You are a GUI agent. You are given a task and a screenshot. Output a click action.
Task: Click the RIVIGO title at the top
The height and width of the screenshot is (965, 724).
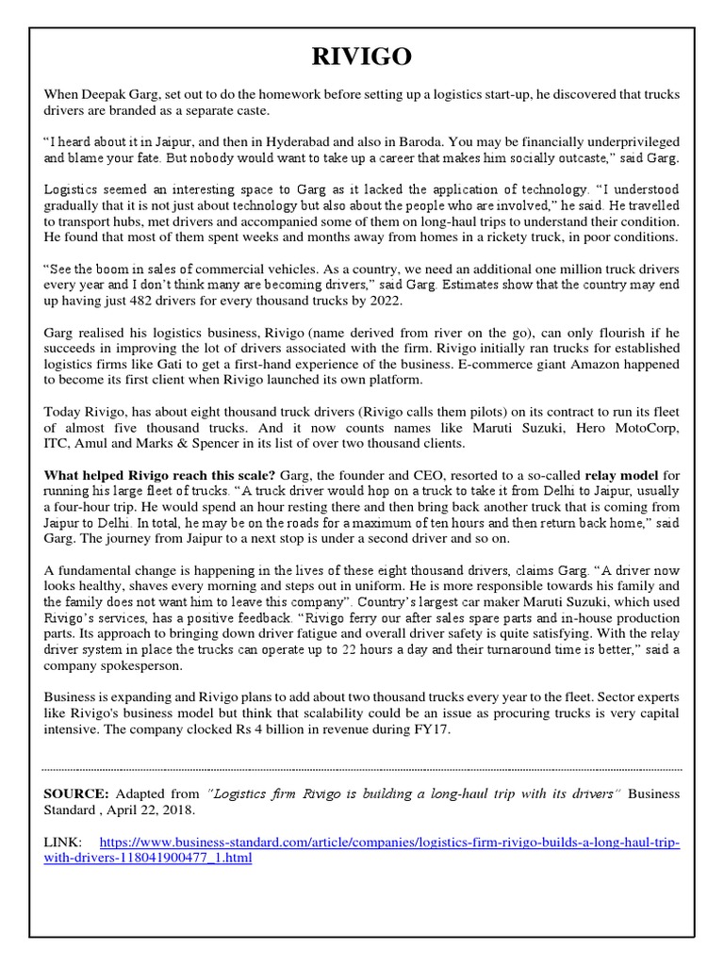[x=361, y=58]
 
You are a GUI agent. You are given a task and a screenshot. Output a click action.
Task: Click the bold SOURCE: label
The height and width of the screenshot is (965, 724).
[x=76, y=794]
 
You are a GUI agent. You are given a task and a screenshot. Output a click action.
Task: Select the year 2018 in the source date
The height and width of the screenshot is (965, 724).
[x=177, y=810]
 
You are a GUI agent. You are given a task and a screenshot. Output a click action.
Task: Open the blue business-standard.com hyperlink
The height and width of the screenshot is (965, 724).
[x=387, y=842]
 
